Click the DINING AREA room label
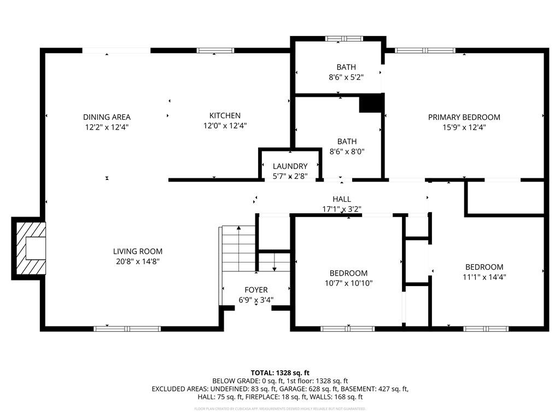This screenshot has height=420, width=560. tap(107, 116)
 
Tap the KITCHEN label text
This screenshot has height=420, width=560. tap(225, 115)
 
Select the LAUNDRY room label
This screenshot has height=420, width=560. tap(290, 166)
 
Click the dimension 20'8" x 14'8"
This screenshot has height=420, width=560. tap(138, 261)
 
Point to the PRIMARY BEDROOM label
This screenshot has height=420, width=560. tap(464, 117)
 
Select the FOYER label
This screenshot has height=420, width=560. tap(256, 290)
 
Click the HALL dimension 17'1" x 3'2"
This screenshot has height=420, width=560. tap(342, 209)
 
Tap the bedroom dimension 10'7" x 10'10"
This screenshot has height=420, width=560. tap(348, 283)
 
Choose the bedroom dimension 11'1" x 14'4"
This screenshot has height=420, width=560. tap(484, 277)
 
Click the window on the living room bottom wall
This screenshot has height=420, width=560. tap(127, 329)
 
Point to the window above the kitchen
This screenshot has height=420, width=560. tap(215, 51)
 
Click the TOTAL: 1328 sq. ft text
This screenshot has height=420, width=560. tap(280, 372)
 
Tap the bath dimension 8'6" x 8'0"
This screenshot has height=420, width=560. tap(346, 151)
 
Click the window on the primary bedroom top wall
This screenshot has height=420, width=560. tap(425, 51)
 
